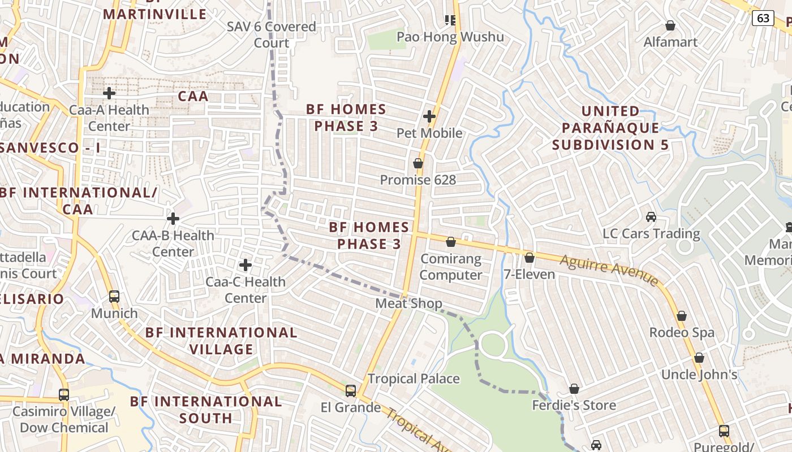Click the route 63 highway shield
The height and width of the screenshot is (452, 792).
click(763, 18)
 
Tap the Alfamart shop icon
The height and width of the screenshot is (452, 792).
click(670, 25)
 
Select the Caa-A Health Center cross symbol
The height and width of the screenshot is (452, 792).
click(109, 93)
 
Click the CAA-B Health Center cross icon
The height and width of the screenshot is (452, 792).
click(173, 219)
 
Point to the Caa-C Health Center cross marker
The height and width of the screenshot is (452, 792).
click(246, 265)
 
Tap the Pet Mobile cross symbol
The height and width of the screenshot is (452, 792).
click(429, 117)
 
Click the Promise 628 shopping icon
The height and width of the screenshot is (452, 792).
click(418, 163)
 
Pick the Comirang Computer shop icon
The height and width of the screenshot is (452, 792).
click(451, 242)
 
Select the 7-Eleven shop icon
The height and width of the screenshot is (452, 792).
click(530, 258)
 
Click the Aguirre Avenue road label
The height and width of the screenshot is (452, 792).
click(609, 270)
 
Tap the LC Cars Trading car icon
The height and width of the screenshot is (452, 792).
click(651, 217)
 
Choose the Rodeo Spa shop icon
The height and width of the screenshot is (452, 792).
click(682, 316)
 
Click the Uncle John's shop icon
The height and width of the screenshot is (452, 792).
click(699, 358)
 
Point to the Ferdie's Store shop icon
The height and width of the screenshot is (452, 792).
click(574, 389)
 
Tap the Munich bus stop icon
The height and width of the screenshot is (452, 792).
click(114, 297)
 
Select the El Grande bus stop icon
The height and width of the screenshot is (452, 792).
click(351, 391)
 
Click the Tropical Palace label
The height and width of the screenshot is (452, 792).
click(414, 379)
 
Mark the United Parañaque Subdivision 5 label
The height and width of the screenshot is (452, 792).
click(610, 128)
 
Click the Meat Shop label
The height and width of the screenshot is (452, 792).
click(409, 303)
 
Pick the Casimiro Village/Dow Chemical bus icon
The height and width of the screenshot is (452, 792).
click(64, 395)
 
